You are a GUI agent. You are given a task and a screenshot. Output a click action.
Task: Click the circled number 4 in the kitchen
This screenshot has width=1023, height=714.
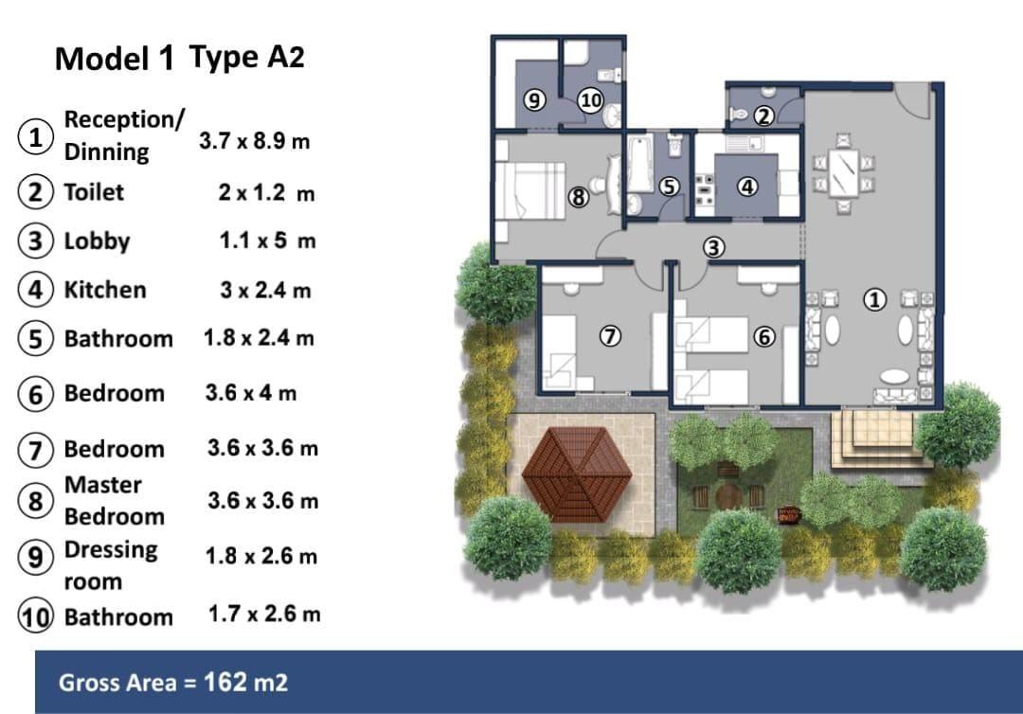(747, 187)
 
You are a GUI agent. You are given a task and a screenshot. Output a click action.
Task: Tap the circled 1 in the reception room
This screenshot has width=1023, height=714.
(874, 299)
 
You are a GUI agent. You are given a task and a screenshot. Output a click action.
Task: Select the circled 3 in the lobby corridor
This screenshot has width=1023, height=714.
(714, 248)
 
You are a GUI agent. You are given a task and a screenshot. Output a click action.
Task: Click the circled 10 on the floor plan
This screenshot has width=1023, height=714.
(590, 100)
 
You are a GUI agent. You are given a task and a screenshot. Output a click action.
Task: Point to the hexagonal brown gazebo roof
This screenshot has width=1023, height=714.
(577, 474)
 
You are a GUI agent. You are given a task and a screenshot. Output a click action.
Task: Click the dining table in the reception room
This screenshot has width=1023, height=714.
(844, 172)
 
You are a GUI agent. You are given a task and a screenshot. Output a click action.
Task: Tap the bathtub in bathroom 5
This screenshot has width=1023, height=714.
(640, 163)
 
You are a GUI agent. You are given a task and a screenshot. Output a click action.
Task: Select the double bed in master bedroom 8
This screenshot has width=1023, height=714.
(529, 190)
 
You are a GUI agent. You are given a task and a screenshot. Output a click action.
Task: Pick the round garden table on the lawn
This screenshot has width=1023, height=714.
(728, 496)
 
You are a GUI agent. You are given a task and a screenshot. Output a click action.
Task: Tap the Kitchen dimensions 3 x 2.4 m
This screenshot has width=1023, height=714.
(265, 290)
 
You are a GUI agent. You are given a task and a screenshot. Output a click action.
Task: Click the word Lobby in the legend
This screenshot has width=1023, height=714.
(98, 241)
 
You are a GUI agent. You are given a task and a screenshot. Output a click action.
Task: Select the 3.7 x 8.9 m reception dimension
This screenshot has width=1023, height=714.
(255, 141)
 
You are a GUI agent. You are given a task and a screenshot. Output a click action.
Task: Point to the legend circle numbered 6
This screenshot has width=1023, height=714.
(35, 395)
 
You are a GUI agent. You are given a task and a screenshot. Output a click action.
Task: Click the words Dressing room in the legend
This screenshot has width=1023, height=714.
(111, 565)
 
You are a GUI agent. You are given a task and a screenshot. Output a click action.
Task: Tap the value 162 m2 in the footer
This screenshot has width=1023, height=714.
(246, 683)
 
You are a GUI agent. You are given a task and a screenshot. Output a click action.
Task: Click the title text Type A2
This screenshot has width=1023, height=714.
(246, 58)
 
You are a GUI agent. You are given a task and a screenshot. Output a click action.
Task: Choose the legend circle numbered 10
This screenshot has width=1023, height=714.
(35, 616)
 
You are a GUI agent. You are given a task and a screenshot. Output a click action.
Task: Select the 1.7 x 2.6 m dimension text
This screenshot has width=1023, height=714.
(264, 615)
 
